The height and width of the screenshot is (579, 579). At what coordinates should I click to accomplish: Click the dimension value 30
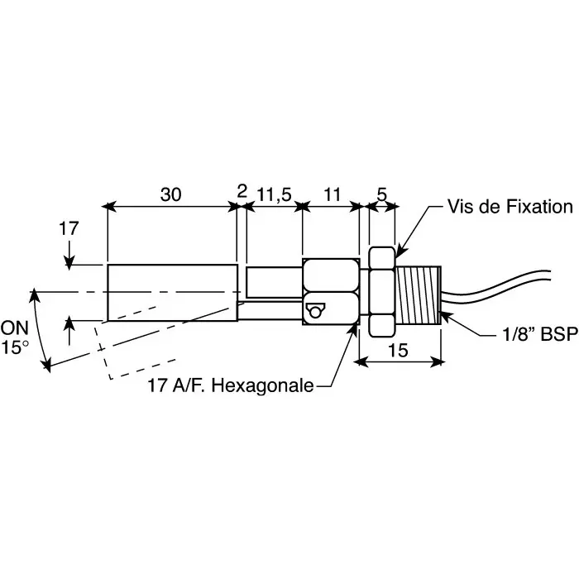[x=170, y=194]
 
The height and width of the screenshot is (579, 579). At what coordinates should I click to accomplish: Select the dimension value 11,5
[x=274, y=194]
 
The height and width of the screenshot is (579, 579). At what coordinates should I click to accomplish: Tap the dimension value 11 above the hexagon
[x=332, y=194]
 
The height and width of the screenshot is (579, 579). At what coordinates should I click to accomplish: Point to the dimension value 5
[x=382, y=194]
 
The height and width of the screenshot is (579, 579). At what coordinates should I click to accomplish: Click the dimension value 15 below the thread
[x=398, y=350]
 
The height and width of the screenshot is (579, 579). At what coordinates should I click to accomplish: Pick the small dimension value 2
[x=242, y=191]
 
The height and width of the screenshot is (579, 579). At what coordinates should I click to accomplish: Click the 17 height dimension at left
[x=69, y=228]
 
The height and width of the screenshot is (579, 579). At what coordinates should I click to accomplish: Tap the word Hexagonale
[x=262, y=385]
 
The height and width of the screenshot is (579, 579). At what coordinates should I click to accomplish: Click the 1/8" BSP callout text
[x=540, y=334]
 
